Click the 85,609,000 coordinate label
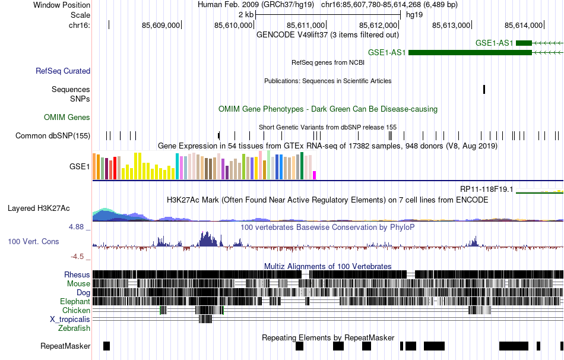tap(161, 26)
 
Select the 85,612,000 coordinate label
tap(379, 26)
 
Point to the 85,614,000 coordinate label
tap(524, 26)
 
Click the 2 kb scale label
tap(246, 14)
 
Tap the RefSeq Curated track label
tap(63, 71)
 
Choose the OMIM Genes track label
tap(67, 118)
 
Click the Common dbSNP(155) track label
tap(53, 136)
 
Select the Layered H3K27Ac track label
tap(39, 209)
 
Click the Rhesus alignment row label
tap(77, 275)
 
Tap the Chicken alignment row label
tap(77, 311)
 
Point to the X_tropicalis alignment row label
tap(70, 320)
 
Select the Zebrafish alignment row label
tap(74, 329)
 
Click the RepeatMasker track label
tap(65, 346)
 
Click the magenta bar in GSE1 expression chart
tap(315, 175)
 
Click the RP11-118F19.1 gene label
tap(486, 189)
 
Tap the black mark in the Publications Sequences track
tap(484, 89)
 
